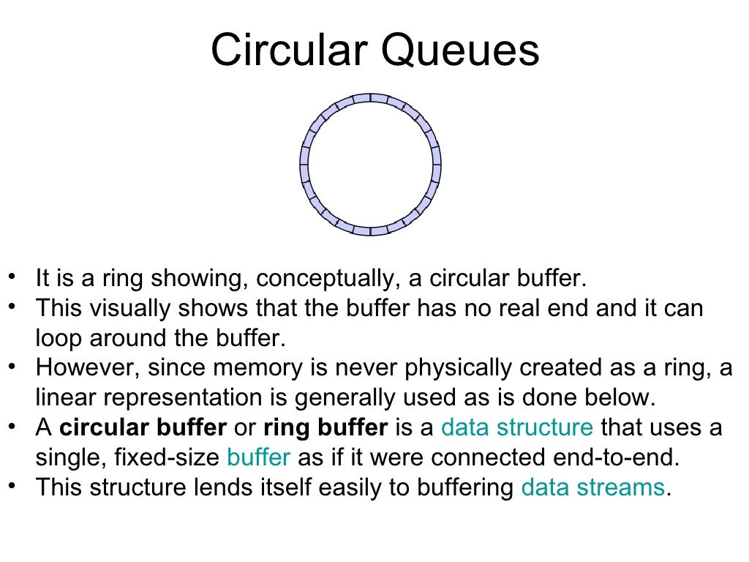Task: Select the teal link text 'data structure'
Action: point(517,427)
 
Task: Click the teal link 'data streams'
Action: point(593,487)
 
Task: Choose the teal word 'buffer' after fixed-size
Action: point(259,457)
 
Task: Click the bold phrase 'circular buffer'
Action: point(143,427)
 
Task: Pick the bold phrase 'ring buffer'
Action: point(325,427)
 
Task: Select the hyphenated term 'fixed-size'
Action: point(168,457)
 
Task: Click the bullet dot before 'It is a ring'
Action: point(12,276)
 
